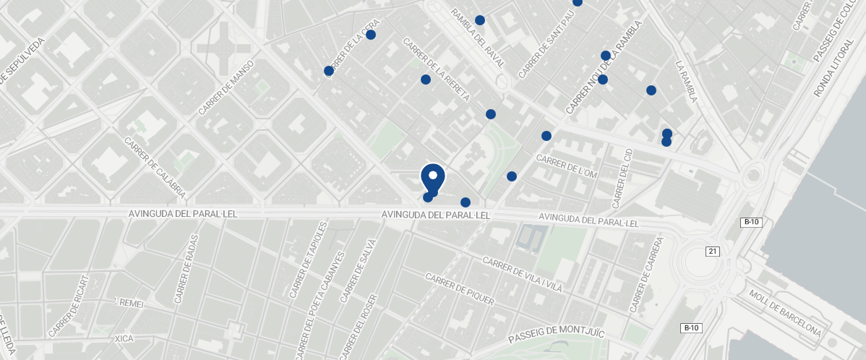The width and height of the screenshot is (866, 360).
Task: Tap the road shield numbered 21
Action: pos(713,251)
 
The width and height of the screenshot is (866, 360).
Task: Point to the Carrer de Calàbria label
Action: pos(155,168)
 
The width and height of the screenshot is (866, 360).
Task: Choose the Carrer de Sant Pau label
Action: pos(548,48)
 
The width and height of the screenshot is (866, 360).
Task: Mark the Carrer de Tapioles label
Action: pos(309,260)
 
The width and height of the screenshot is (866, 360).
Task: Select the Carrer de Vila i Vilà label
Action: pos(522,275)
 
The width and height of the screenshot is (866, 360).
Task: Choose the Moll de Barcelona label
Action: pos(785,313)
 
